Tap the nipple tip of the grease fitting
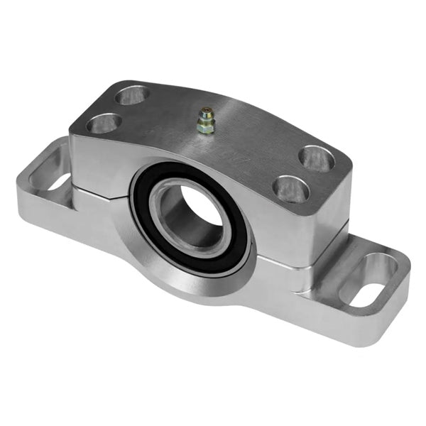point(205,111)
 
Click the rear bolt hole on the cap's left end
point(133,94)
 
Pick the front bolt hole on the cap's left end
point(104,124)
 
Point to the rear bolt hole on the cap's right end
point(317,158)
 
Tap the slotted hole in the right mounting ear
point(370,279)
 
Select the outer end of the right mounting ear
point(398,298)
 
